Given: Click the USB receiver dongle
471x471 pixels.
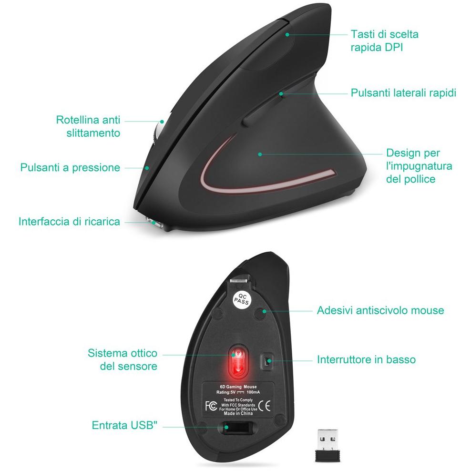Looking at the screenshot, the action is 327,445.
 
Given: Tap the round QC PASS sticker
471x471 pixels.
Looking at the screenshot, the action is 242,299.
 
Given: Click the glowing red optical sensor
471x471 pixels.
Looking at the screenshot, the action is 238,362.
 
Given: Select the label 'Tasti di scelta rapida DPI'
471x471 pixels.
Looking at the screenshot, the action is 385,41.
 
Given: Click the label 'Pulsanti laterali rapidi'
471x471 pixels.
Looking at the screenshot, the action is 403,92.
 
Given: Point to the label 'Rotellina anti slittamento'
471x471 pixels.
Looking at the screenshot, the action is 88,126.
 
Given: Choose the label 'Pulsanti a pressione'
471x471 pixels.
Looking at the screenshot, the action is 70,167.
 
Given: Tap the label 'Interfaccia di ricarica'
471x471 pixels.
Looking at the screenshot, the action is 70,221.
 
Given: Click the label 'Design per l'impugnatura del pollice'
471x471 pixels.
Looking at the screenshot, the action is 419,166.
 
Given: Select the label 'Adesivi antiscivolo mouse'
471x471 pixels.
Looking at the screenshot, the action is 380,310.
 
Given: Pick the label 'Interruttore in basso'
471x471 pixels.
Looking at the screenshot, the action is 367,359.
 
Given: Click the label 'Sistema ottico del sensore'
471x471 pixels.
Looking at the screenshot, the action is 123,359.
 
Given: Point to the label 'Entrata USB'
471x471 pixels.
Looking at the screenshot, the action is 124,425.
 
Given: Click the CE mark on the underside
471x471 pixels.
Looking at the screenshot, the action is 264,406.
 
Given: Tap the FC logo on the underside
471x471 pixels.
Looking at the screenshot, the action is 211,406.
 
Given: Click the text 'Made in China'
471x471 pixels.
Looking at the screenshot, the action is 238,413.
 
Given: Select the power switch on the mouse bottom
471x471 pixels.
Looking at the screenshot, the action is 266,361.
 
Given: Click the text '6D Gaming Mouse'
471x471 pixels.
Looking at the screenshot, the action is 238,387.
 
